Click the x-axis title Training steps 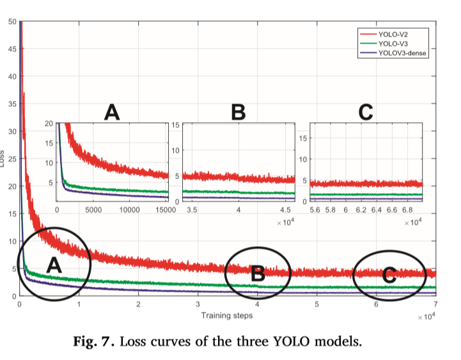[226, 315]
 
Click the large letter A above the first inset [112, 113]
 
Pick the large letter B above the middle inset [238, 113]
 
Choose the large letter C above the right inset [366, 113]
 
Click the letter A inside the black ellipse [55, 265]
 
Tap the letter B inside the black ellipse [258, 274]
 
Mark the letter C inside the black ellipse [389, 275]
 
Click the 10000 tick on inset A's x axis [130, 208]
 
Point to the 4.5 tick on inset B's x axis [286, 208]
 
